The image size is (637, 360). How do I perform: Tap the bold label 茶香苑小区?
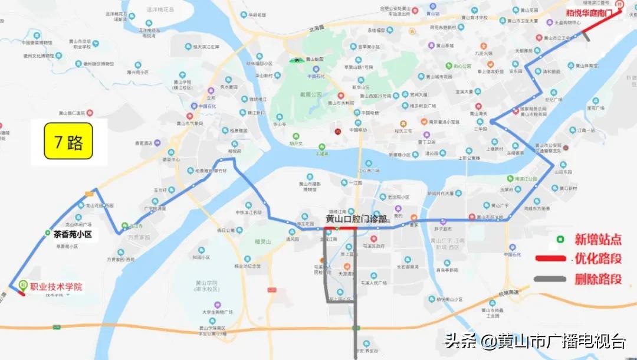tap(74, 234)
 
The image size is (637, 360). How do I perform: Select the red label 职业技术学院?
tap(56, 287)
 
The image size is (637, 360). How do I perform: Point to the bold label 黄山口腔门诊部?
tap(357, 218)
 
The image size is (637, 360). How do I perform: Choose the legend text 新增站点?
tap(598, 240)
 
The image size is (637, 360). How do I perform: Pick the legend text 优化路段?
tap(598, 259)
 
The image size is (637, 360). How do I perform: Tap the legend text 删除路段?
tap(598, 279)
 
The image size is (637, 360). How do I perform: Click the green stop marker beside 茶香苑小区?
tap(47, 234)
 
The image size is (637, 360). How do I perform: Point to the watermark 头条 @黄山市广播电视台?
tap(535, 341)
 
